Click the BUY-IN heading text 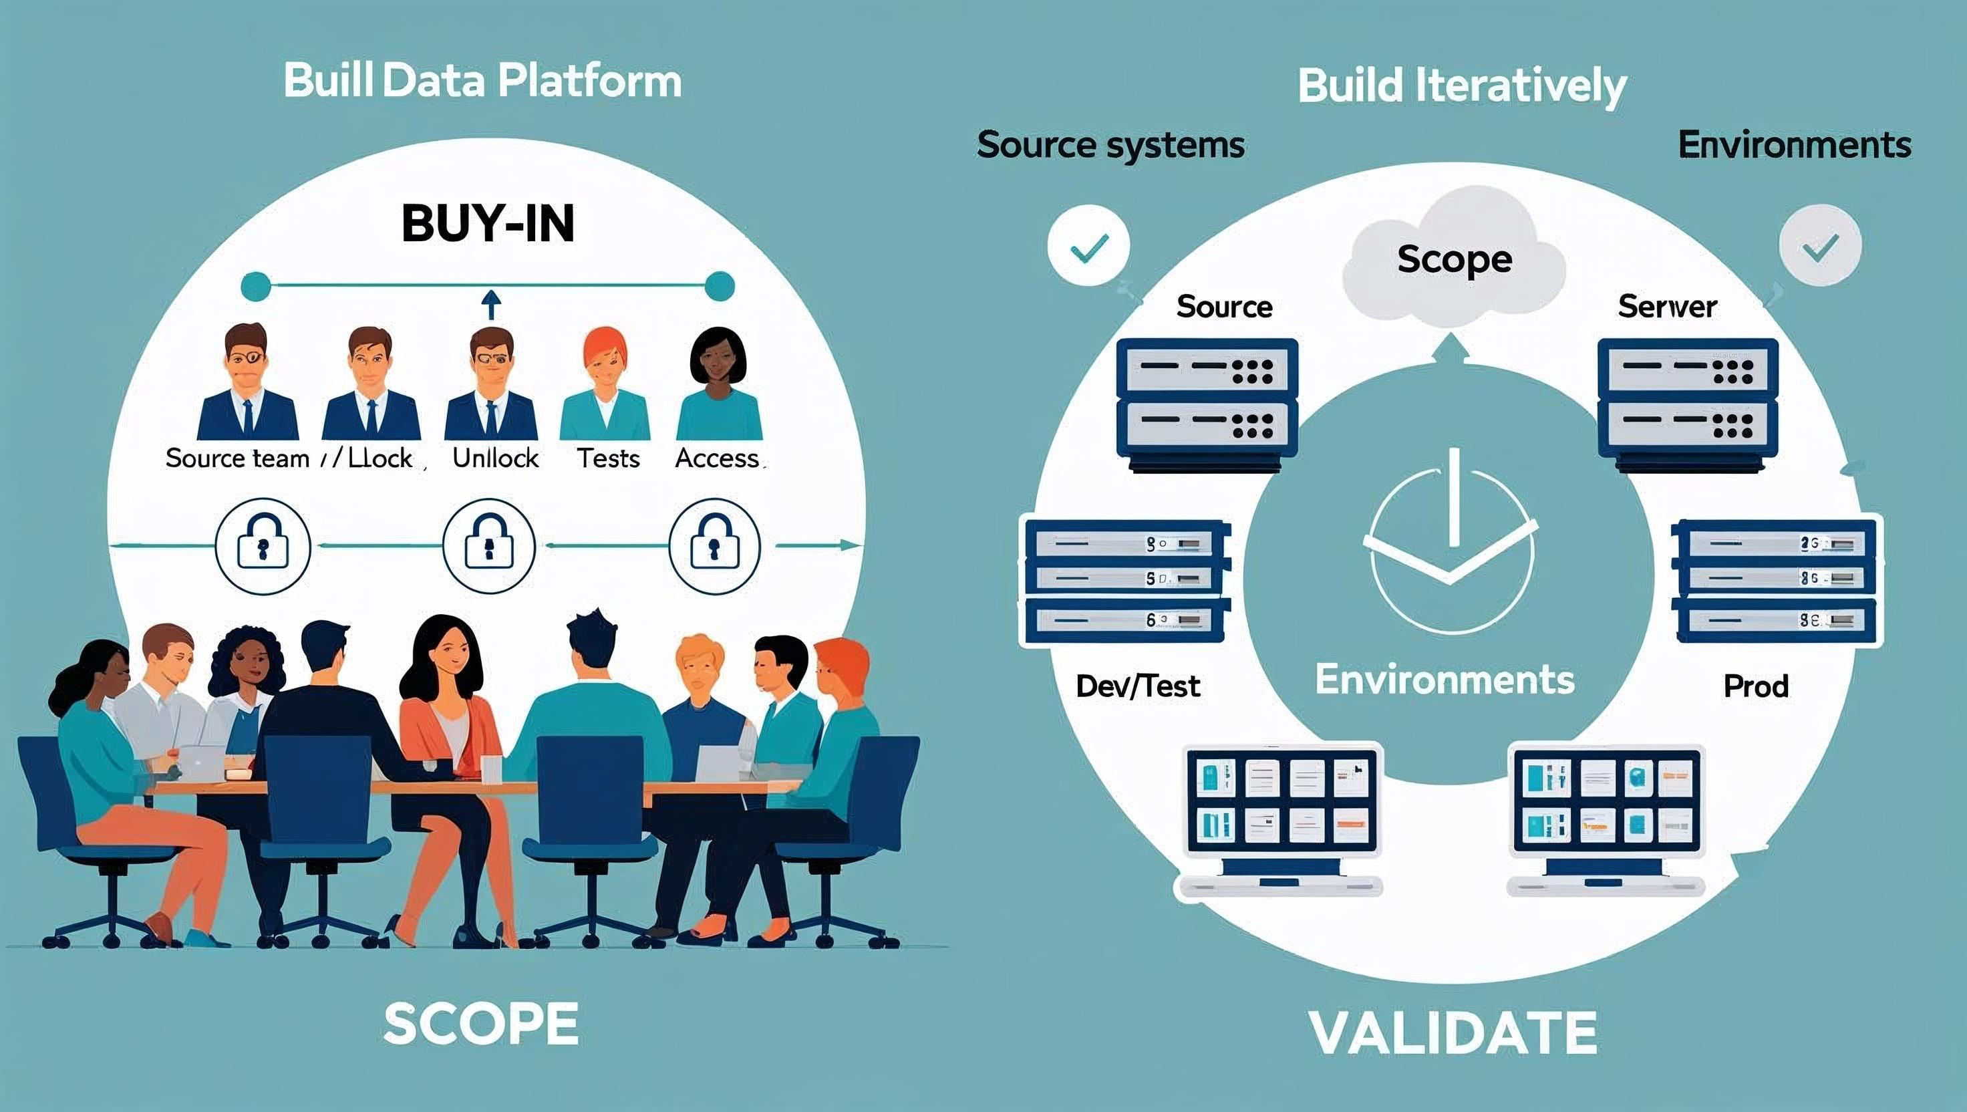(x=487, y=224)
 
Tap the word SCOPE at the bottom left (x=480, y=1024)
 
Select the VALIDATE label (x=1453, y=1032)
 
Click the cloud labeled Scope (x=1454, y=260)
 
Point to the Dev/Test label (x=1137, y=686)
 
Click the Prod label (x=1755, y=686)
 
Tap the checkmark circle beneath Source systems (x=1088, y=246)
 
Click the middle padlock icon (x=488, y=546)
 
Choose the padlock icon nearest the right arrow (x=714, y=546)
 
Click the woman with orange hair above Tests (x=605, y=386)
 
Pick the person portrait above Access (x=718, y=386)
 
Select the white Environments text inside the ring (x=1445, y=679)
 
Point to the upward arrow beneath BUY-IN (x=492, y=304)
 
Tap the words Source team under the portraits (x=237, y=458)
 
